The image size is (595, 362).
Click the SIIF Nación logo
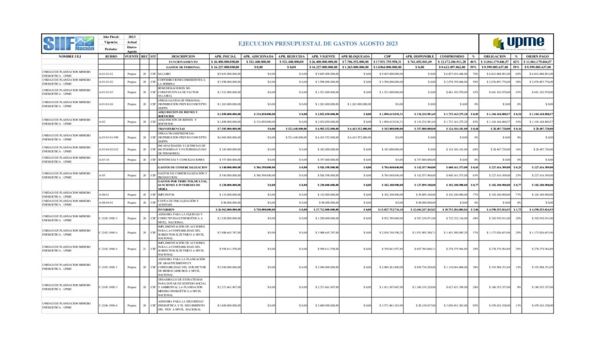[x=69, y=42]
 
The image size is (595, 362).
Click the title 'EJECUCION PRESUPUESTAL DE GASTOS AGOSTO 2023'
[x=318, y=44]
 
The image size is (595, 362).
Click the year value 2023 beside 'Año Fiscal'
[x=132, y=37]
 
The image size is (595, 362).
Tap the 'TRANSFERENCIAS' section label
[x=173, y=128]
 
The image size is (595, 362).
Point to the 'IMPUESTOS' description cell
[x=166, y=194]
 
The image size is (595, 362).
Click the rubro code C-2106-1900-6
[x=109, y=306]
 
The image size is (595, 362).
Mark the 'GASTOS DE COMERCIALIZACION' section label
[x=182, y=168]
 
